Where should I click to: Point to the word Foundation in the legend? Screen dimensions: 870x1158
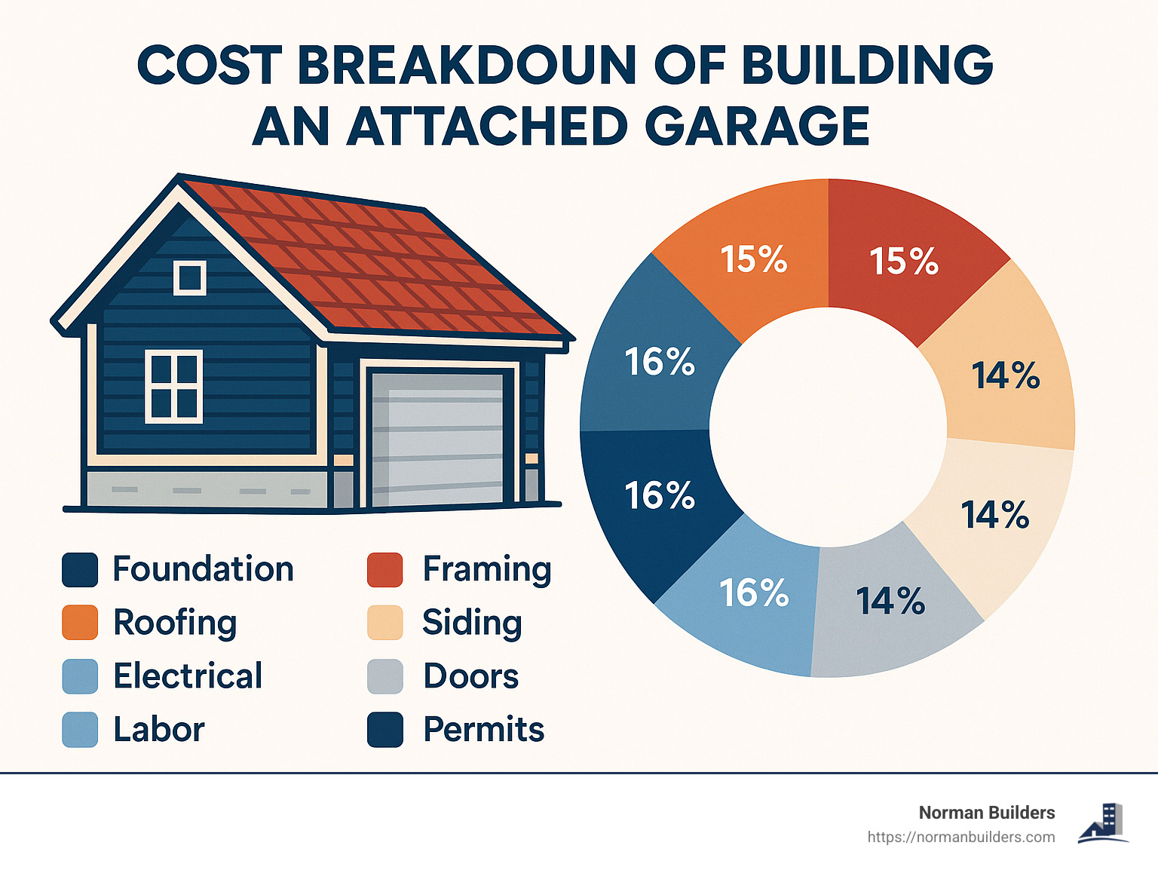(x=203, y=569)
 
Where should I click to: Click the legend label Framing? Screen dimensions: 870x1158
(x=487, y=570)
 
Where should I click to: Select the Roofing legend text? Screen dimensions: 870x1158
(x=175, y=623)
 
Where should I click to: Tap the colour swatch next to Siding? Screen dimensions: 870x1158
(x=384, y=623)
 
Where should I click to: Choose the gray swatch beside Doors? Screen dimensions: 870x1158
(x=384, y=676)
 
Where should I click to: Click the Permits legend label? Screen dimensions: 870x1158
(x=483, y=730)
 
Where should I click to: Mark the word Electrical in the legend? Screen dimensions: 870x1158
(x=188, y=676)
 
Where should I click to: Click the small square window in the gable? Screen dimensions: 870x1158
(x=189, y=277)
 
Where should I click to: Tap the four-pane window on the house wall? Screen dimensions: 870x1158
(x=174, y=386)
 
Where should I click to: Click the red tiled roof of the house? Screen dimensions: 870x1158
(x=377, y=256)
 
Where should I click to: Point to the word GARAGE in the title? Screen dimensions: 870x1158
(x=757, y=126)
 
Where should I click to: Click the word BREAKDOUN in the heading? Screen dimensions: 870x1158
(x=467, y=66)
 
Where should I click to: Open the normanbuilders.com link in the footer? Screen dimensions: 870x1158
(x=961, y=838)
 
